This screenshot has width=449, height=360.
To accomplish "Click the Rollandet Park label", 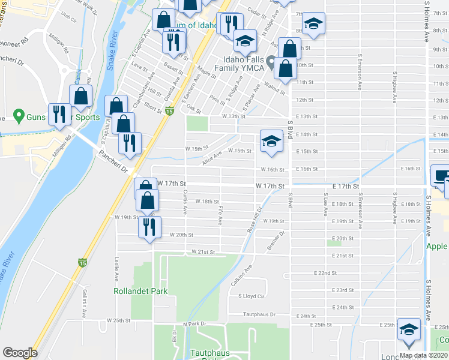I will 140,291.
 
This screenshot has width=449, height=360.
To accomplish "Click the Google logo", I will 19,352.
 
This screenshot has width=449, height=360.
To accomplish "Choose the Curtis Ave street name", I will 185,197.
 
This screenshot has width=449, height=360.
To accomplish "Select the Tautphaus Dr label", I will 259,314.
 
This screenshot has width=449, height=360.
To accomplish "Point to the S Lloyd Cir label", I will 252,296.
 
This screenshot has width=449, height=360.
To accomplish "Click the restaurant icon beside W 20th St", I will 149,227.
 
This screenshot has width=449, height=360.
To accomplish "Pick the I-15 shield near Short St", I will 170,111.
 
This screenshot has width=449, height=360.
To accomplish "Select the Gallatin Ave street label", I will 85,305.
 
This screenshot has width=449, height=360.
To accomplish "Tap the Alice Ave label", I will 212,158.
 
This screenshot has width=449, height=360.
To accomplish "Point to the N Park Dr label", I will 194,324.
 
